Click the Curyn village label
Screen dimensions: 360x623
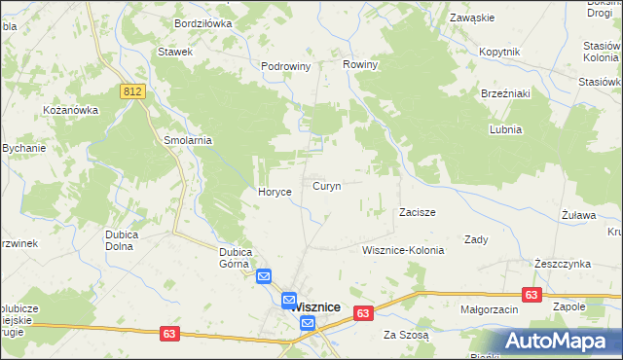click(326, 185)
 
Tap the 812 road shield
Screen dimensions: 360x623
click(133, 90)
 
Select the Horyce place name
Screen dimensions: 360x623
click(275, 192)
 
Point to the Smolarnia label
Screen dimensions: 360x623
click(188, 139)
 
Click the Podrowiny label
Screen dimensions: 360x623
click(285, 66)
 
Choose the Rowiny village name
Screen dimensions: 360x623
click(360, 64)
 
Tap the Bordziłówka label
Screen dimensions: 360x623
click(203, 21)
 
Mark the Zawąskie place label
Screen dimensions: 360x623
click(472, 18)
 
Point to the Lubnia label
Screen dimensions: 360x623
click(506, 128)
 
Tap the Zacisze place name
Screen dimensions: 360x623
click(417, 211)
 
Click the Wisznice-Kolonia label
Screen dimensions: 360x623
click(402, 250)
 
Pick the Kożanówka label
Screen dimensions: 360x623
click(71, 110)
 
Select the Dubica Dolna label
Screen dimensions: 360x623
click(126, 239)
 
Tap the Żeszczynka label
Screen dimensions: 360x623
click(563, 264)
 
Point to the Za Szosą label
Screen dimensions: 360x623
click(405, 335)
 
